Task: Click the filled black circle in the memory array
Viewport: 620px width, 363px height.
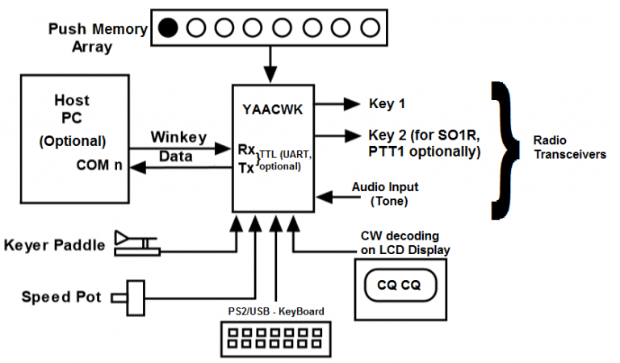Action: coord(168,28)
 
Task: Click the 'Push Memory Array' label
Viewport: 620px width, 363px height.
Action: coord(98,37)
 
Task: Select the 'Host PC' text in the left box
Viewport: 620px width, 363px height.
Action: coord(71,109)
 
